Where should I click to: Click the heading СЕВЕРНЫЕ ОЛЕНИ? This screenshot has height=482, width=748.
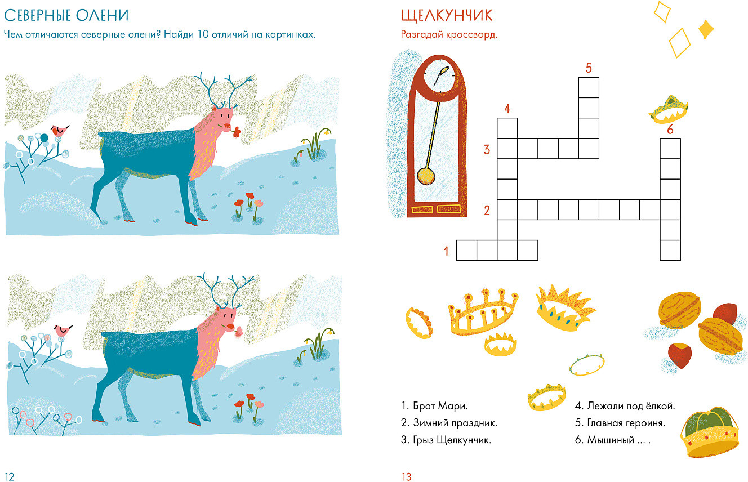pos(66,15)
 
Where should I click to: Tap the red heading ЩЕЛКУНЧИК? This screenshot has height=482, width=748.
pos(447,16)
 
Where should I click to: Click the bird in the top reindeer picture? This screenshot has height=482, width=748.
pos(60,130)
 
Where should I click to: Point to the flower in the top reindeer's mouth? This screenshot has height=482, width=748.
pos(237,132)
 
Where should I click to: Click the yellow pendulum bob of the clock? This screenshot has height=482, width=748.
pos(426,176)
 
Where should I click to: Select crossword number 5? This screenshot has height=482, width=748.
pos(589,68)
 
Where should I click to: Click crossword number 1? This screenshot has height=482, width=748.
pos(446,251)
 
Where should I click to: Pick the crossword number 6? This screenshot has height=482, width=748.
pos(670,130)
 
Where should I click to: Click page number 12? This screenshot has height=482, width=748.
pos(10,477)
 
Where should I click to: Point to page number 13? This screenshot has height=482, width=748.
pos(407,477)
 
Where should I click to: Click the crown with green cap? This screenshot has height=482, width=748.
pos(710,432)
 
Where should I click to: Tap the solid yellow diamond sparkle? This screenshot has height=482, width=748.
pos(706,29)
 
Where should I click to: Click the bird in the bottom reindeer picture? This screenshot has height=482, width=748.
pos(63,331)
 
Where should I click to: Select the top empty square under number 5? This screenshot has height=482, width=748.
pos(589,87)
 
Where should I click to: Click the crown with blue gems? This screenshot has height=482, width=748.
pos(564,309)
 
